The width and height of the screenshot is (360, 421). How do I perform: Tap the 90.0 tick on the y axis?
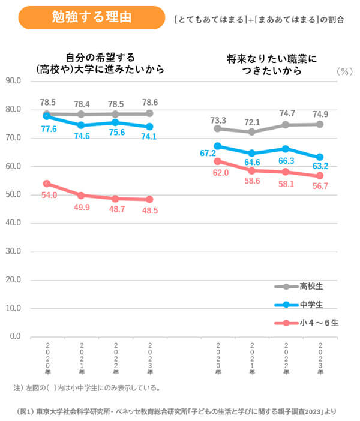13,81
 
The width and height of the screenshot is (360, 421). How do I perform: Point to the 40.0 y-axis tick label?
13,223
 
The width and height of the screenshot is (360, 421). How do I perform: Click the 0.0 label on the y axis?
15,336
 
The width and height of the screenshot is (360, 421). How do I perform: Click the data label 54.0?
49,196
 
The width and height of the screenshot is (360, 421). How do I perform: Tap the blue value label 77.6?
49,128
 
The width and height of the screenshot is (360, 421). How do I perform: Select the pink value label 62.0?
220,173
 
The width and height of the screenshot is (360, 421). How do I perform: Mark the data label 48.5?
150,212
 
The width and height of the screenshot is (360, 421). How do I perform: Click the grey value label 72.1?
253,122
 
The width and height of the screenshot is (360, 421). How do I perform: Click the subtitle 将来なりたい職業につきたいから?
271,65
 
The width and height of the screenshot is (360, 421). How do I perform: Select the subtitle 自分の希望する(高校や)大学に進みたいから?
100,64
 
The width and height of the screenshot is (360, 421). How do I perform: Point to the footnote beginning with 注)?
87,388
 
